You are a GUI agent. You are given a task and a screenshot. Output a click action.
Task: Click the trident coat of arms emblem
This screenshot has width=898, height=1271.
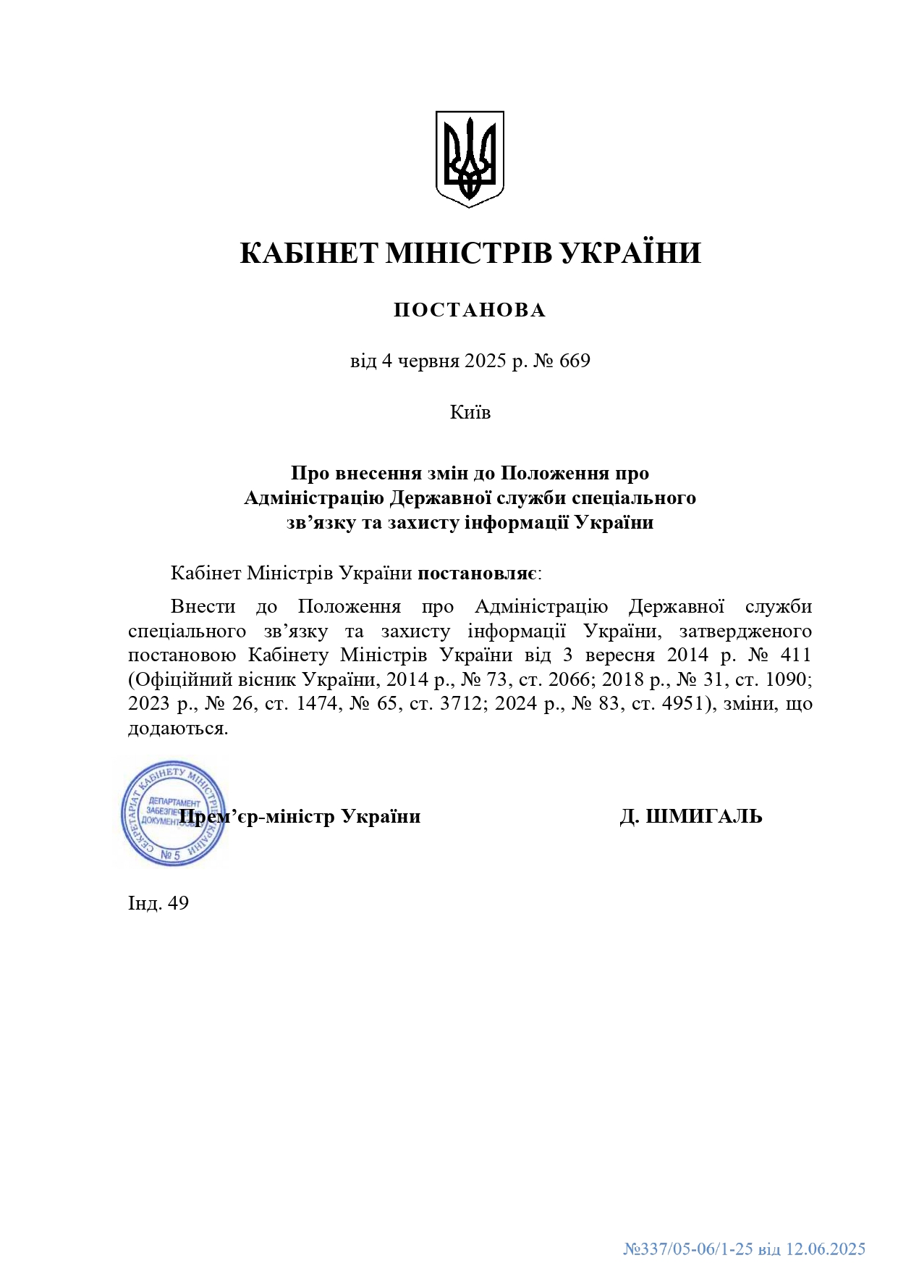point(470,159)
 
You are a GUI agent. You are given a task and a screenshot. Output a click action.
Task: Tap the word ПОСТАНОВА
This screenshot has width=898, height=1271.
point(470,311)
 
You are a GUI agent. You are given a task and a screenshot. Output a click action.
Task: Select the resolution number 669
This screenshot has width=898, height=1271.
point(575,361)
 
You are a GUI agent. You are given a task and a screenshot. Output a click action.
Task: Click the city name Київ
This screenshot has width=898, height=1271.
point(470,412)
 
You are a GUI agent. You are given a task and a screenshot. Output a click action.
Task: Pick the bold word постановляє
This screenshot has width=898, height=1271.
point(477,574)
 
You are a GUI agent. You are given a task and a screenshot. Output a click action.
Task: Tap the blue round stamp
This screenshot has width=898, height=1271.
point(172,813)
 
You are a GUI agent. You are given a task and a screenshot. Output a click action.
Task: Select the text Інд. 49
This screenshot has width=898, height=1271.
point(158,903)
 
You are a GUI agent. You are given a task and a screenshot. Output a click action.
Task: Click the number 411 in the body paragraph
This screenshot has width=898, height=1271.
point(795,655)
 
